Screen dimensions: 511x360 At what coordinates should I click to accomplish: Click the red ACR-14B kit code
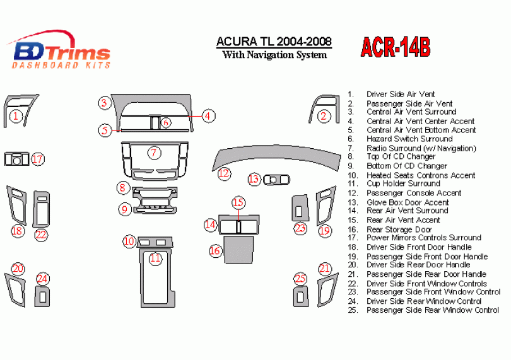(396, 47)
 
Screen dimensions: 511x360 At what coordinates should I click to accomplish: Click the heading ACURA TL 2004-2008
(274, 42)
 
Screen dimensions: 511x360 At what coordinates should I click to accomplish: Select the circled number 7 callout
(154, 153)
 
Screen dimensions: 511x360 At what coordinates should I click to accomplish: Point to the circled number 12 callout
(224, 173)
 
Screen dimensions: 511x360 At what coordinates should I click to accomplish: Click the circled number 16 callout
(215, 250)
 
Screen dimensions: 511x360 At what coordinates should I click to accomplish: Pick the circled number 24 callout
(42, 279)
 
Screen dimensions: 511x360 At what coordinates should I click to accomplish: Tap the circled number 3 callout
(104, 103)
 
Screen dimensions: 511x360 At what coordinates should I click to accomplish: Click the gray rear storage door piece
(238, 250)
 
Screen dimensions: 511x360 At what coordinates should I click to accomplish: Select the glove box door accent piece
(276, 180)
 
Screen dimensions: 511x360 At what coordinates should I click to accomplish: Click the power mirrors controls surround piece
(16, 159)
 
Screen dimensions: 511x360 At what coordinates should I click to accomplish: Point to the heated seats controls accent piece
(155, 242)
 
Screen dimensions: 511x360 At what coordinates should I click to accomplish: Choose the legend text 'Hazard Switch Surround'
(409, 139)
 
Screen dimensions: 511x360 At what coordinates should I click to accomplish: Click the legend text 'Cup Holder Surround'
(404, 183)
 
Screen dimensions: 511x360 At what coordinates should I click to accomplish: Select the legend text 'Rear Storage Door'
(399, 229)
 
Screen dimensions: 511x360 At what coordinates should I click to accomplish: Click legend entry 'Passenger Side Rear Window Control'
(433, 310)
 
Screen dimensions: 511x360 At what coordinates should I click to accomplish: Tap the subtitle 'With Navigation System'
(274, 55)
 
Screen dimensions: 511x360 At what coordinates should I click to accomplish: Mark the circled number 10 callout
(129, 241)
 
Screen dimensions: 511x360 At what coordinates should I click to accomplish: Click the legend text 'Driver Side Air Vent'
(401, 94)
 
